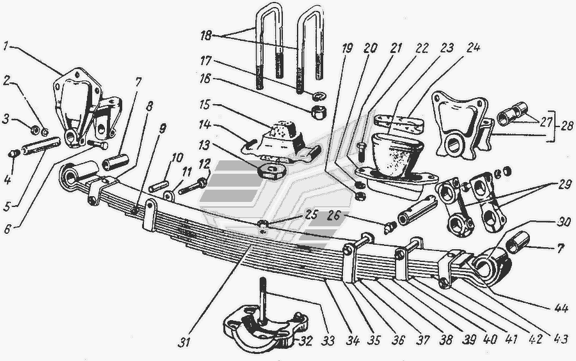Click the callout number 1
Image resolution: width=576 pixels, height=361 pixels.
click(6, 47)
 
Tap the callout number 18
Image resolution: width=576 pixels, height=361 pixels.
click(206, 36)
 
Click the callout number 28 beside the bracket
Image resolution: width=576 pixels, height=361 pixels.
click(567, 126)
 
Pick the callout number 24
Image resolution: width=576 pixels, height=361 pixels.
click(474, 47)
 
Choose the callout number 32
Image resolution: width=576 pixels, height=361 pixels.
click(305, 341)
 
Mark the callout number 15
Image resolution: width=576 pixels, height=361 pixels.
click(204, 105)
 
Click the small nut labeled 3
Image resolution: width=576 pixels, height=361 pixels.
click(36, 129)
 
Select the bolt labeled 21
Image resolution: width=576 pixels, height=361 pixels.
click(360, 150)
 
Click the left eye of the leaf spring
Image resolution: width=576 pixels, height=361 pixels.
click(69, 178)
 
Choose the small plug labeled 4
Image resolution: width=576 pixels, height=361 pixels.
click(13, 153)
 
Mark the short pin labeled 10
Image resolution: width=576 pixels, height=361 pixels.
click(159, 186)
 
